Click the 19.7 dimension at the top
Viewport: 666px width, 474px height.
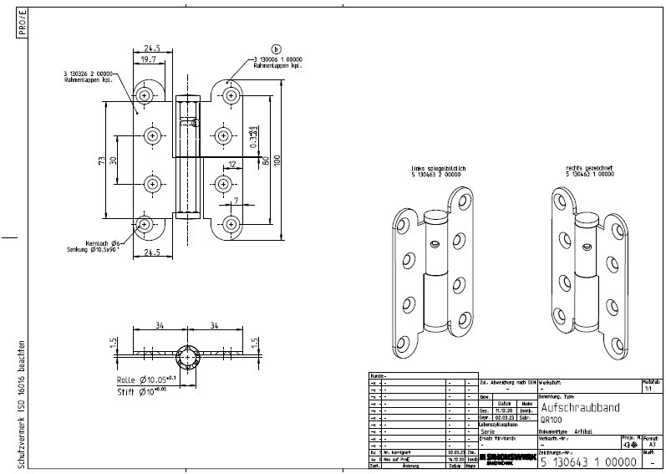tap(147, 60)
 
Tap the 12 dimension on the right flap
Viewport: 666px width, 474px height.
tap(232, 165)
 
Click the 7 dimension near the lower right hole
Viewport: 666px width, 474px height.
tap(236, 201)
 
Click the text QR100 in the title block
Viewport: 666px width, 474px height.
tap(552, 420)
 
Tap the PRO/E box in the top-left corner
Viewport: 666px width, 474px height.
tap(22, 24)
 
